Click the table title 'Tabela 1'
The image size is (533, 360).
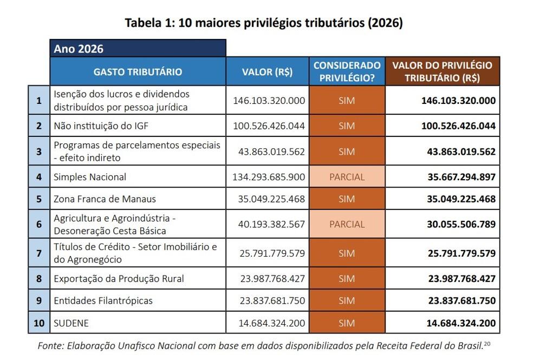[x=264, y=23]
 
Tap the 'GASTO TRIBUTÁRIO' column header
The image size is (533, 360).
[x=138, y=71]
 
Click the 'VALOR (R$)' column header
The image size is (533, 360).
[x=268, y=71]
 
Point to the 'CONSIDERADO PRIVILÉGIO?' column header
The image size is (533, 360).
[x=347, y=71]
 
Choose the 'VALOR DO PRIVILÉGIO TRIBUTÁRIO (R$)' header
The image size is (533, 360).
[x=442, y=71]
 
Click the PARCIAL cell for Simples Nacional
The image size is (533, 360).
[x=347, y=176]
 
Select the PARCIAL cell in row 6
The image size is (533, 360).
[x=347, y=224]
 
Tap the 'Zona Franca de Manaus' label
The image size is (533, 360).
[x=105, y=199]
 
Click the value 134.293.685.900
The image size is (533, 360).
[x=269, y=176]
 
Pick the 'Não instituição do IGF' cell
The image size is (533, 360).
[x=101, y=126]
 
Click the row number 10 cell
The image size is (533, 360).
[x=38, y=323]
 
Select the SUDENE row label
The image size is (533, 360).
[x=71, y=323]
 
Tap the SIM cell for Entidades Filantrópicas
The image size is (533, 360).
[x=347, y=300]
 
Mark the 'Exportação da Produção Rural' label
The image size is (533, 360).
[x=119, y=279]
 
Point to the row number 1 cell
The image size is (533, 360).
[x=38, y=101]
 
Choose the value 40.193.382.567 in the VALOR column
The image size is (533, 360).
[x=269, y=224]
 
